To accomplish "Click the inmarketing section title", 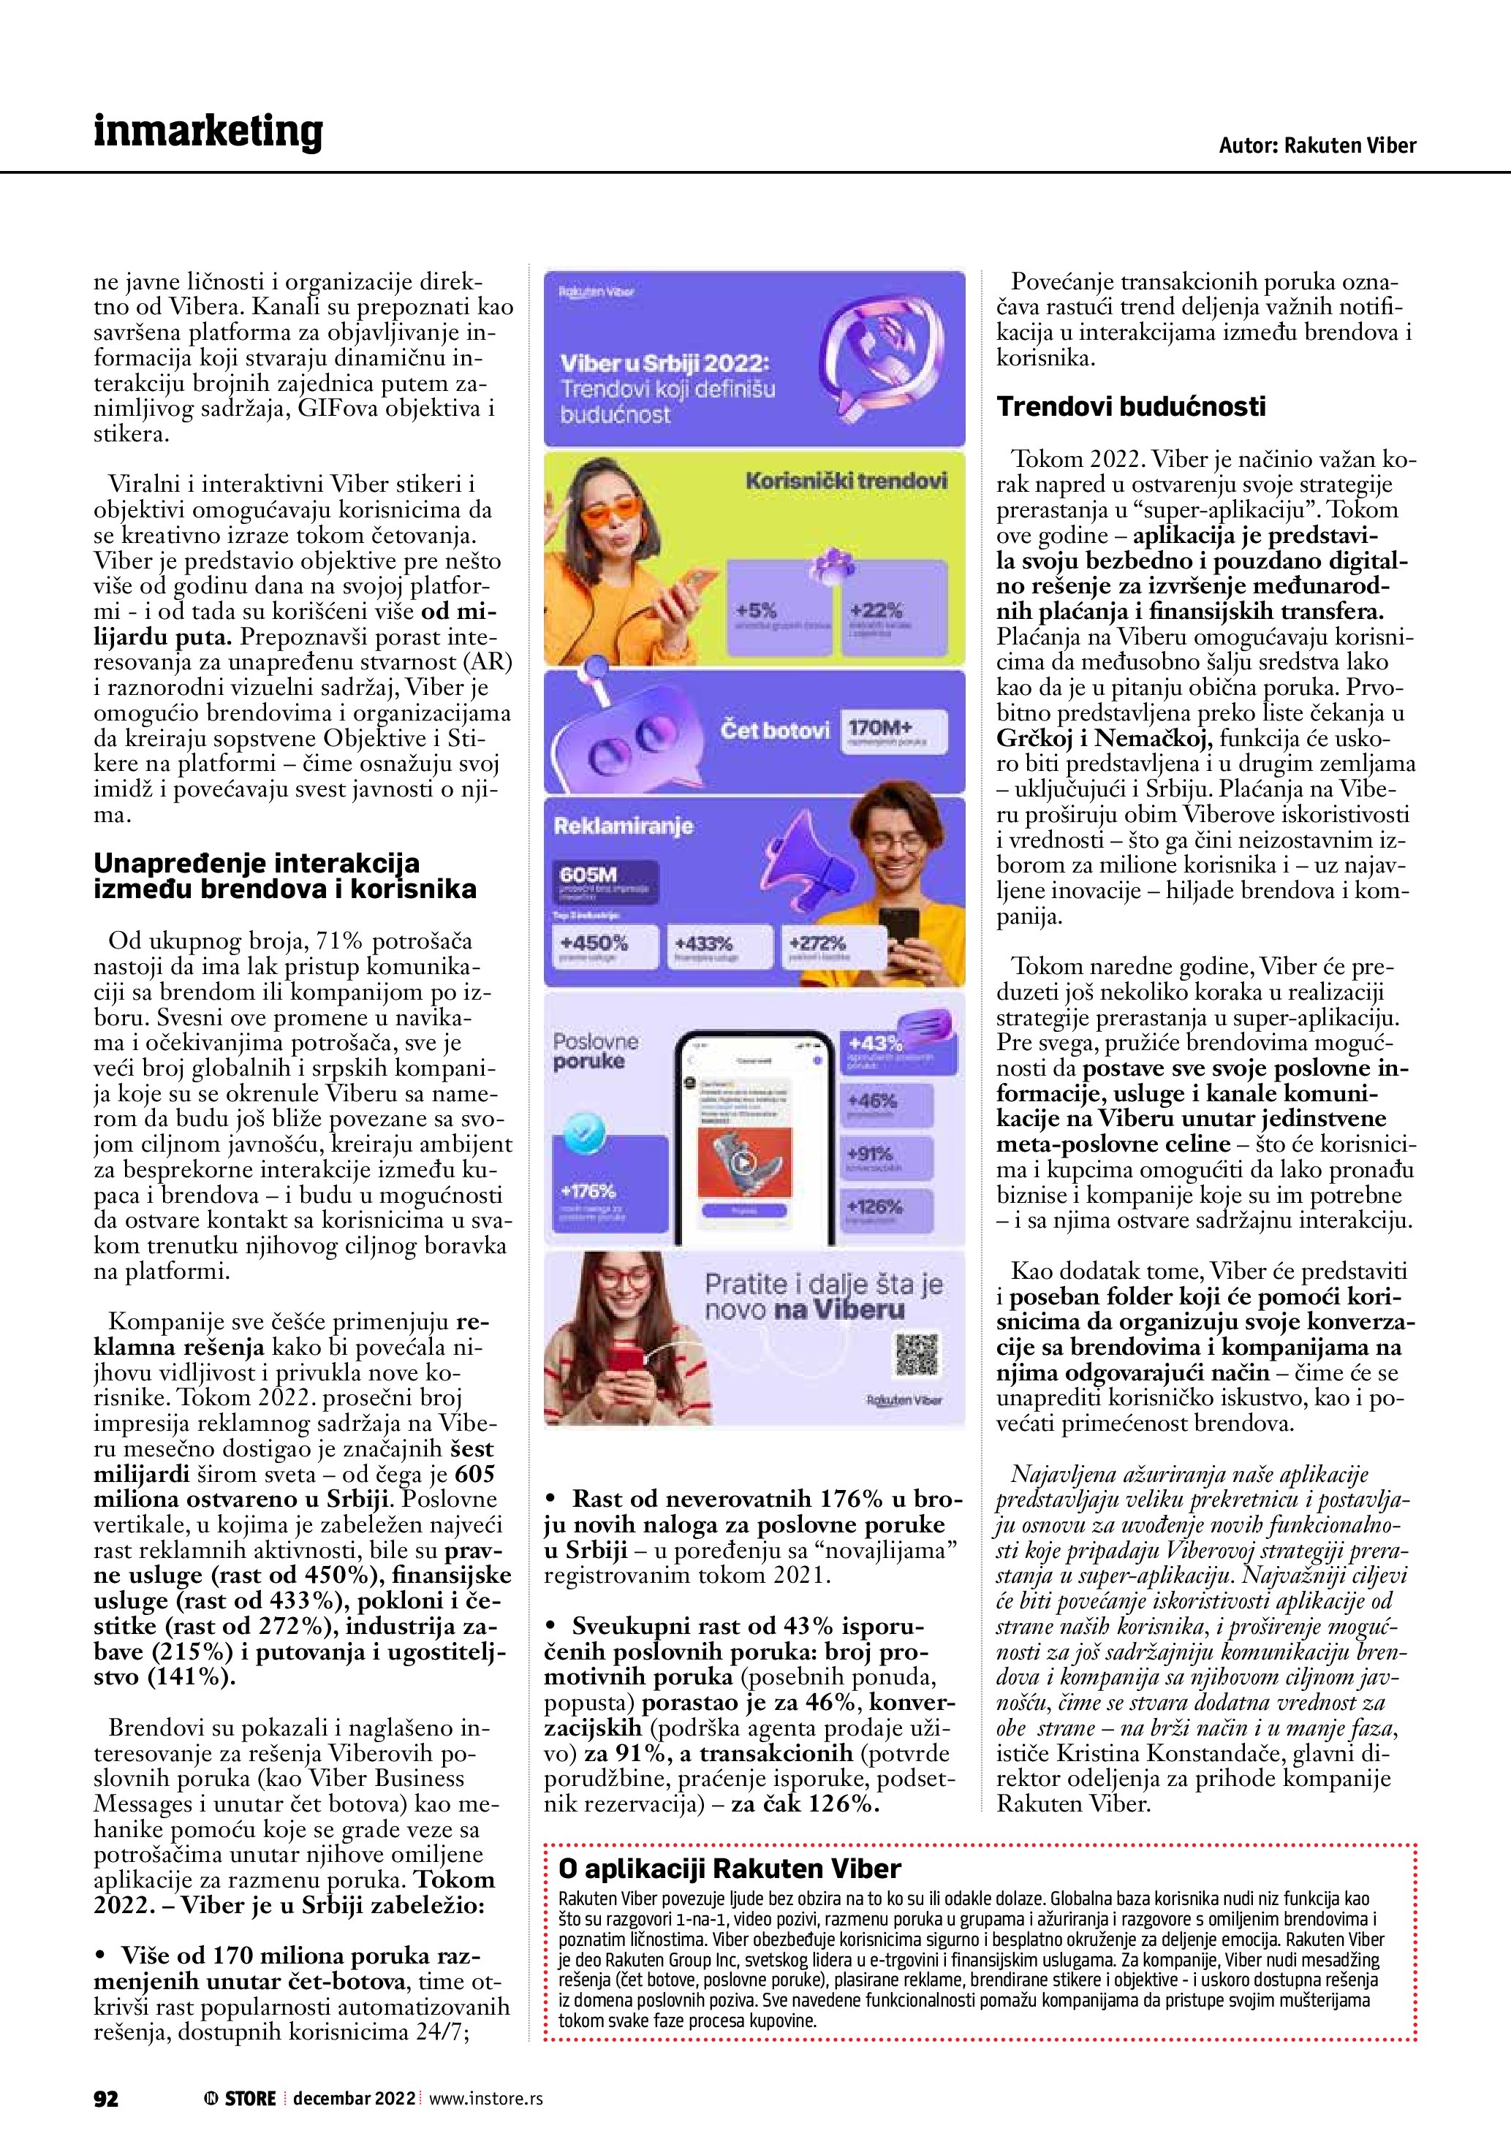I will pyautogui.click(x=208, y=132).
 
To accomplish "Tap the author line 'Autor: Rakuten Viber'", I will pyautogui.click(x=1317, y=145).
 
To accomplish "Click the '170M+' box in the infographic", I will pyautogui.click(x=893, y=730).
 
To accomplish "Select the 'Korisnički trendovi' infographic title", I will pyautogui.click(x=846, y=481).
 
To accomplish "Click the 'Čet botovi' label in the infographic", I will pyautogui.click(x=774, y=730).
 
